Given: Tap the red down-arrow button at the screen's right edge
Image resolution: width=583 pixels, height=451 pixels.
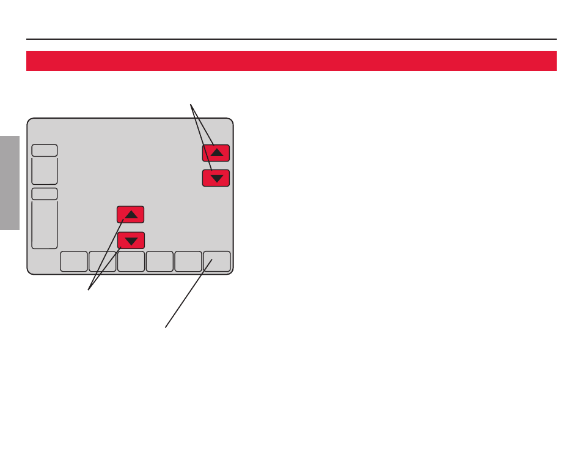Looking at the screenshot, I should point(216,178).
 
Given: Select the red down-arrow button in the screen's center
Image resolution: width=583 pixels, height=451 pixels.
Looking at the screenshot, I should point(131,240).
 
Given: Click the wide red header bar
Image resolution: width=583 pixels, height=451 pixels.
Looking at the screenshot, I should point(291,61).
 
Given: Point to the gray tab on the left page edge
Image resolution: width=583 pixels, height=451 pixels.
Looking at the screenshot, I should point(10,183).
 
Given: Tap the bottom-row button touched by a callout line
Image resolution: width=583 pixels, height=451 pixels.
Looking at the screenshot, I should point(217,261).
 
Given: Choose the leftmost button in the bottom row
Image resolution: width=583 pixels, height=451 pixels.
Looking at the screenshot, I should point(73,261).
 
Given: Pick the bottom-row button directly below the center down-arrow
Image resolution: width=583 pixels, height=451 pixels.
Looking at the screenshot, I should point(131,261).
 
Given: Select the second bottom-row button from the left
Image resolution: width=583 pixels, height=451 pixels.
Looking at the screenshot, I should point(102,261).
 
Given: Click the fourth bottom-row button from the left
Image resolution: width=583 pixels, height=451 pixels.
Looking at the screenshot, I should point(159,261).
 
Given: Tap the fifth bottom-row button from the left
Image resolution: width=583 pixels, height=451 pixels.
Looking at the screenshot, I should point(188,261).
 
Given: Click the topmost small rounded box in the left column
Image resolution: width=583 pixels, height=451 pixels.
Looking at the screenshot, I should point(45,151).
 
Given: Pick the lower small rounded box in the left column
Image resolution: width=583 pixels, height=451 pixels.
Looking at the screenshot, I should point(45,194).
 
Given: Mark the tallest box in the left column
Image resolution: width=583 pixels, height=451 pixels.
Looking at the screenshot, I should point(45,224).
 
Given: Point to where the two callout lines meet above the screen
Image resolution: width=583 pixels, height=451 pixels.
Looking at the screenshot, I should point(191,103).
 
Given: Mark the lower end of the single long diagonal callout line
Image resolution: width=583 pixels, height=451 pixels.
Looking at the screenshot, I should point(166,327).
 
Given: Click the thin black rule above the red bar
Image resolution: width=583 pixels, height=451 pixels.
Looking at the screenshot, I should point(291,39).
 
